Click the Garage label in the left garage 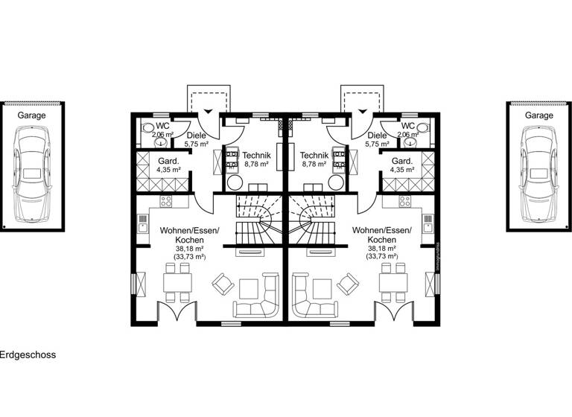pos(32,115)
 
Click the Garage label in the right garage pos(539,115)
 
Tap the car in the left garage pos(32,173)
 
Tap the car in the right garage pos(539,173)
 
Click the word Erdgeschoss pos(28,355)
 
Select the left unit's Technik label pos(256,155)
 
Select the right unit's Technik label pos(314,155)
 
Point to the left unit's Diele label pos(197,136)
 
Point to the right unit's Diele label pos(377,136)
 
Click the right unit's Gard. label pos(402,161)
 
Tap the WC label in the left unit pos(162,126)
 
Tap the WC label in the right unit pos(408,126)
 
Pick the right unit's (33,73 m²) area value pos(381,257)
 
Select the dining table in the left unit pos(177,282)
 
